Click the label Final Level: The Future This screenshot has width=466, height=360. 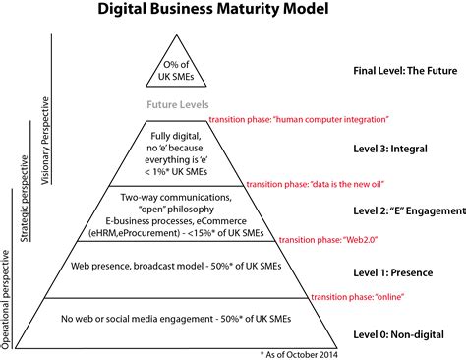pyautogui.click(x=403, y=71)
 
